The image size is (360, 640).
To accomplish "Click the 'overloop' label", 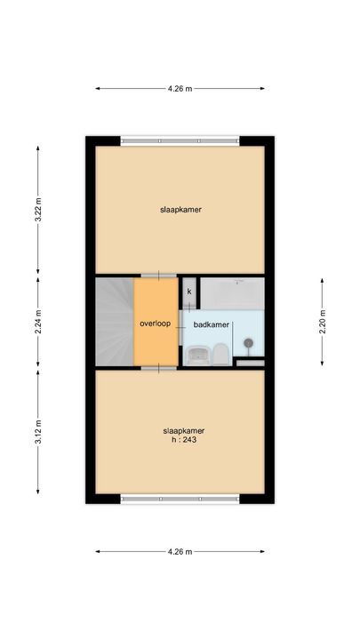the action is (x=155, y=324).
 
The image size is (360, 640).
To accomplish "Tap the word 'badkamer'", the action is (x=212, y=325).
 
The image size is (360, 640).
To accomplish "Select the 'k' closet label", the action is (x=189, y=292).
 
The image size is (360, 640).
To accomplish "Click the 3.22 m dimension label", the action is (x=38, y=210).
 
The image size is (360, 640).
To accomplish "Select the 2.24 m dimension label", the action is (x=38, y=321).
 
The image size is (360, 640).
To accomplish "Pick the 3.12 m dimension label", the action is (x=38, y=432).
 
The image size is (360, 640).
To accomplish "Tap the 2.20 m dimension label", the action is (x=322, y=321).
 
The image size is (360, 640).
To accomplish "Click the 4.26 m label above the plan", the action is (x=180, y=88).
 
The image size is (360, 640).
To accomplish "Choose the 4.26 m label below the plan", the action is (x=180, y=551).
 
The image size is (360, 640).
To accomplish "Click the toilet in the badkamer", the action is (x=220, y=354).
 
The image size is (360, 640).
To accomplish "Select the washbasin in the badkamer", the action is (x=197, y=355).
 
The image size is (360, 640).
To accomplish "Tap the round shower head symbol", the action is (x=248, y=343).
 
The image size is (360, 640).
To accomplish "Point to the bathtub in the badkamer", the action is (x=233, y=293).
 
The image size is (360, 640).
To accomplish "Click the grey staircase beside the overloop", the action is (x=115, y=322).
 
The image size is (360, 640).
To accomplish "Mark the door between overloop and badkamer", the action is (x=180, y=327).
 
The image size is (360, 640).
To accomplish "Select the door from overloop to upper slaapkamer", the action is (x=159, y=276).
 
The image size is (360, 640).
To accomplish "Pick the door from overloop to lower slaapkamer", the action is (x=159, y=368).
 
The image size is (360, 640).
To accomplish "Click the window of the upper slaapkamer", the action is (x=180, y=140).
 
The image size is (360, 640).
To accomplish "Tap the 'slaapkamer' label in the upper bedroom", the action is (x=180, y=210).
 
